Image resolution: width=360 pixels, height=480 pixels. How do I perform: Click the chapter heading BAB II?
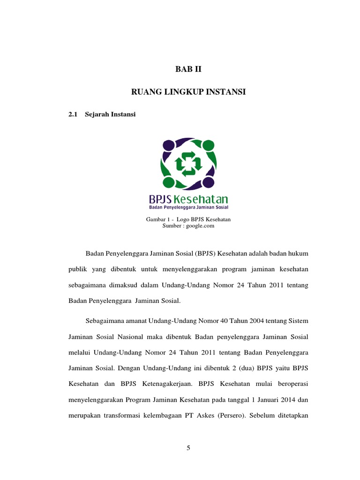click(x=187, y=69)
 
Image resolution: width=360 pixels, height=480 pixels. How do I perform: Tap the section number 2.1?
click(x=72, y=115)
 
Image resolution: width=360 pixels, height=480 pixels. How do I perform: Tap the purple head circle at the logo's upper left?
click(x=168, y=144)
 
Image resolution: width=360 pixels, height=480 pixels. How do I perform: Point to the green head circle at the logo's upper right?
click(x=209, y=145)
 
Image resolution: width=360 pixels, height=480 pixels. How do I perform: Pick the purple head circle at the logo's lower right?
click(x=210, y=182)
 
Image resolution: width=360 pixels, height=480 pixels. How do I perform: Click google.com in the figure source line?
click(x=200, y=225)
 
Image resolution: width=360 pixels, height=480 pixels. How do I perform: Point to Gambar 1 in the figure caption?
click(x=156, y=219)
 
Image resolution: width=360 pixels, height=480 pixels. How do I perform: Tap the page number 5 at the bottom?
click(x=188, y=448)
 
